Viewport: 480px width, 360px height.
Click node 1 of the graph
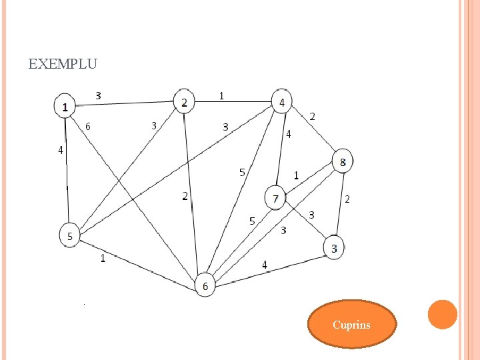tap(65, 106)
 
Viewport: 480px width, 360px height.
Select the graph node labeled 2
tap(184, 101)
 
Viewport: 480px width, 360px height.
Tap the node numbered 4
tap(282, 102)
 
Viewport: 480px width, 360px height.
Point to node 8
tap(343, 161)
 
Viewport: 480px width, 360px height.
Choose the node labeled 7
tap(275, 198)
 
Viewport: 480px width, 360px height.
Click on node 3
tap(335, 249)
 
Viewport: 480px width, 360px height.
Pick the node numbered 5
tap(70, 235)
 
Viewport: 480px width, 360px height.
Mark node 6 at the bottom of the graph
tap(205, 286)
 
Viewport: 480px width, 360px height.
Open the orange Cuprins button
tap(351, 325)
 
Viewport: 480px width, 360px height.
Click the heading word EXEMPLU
tap(63, 65)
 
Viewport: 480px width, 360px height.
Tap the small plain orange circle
tap(442, 314)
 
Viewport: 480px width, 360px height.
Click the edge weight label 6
tap(88, 125)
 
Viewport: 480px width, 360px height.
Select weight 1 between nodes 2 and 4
tap(221, 95)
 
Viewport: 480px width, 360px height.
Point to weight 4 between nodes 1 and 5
tap(61, 151)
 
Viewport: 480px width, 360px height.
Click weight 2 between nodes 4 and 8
tap(312, 117)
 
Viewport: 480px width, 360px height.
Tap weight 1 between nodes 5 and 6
tap(103, 259)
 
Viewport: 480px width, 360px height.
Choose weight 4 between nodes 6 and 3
tap(265, 265)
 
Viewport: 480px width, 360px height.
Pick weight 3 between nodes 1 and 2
tap(99, 95)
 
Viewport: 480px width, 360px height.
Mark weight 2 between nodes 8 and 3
tap(347, 199)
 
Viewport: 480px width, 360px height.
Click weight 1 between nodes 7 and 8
tap(296, 176)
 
